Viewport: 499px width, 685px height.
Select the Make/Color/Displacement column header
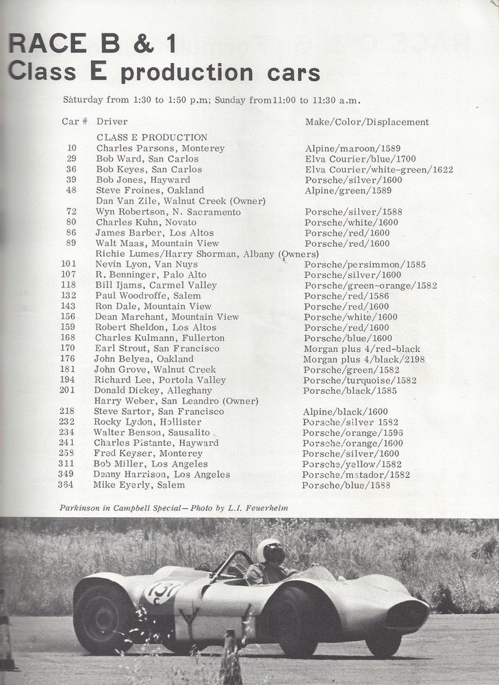click(367, 122)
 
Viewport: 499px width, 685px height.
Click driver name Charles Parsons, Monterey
click(160, 148)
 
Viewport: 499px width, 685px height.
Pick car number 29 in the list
click(72, 159)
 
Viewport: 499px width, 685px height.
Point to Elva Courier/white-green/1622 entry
click(379, 169)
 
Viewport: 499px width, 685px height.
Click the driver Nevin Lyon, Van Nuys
click(146, 264)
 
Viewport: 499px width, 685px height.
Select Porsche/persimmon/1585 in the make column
click(357, 264)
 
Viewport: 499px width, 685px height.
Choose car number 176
click(68, 359)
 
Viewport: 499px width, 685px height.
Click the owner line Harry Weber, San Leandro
click(176, 401)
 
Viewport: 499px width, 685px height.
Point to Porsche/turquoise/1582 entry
click(359, 380)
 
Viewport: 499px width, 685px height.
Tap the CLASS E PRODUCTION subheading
click(151, 137)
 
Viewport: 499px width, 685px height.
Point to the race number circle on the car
click(162, 591)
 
